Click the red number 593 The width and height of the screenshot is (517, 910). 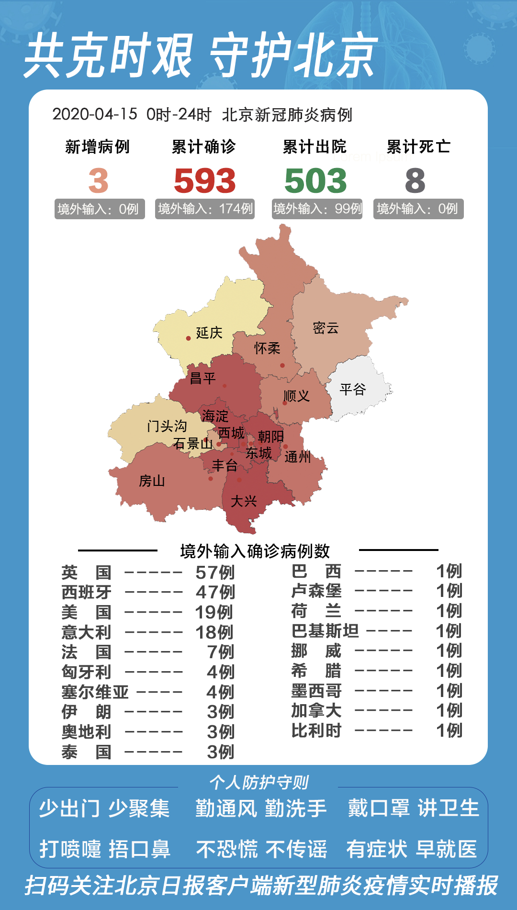tap(205, 180)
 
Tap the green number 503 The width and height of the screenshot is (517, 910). tap(315, 180)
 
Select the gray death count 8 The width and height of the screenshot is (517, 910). tap(415, 180)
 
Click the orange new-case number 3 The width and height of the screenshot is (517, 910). tap(98, 180)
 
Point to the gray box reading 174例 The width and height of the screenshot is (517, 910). tap(205, 209)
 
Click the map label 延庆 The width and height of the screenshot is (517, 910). tap(209, 333)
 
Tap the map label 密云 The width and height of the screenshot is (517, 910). tap(326, 328)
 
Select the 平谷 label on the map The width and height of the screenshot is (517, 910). tap(353, 389)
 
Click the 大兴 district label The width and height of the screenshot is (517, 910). tap(244, 501)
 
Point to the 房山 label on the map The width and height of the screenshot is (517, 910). tap(152, 481)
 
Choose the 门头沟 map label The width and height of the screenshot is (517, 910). tap(167, 426)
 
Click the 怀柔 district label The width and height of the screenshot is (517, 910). tap(267, 348)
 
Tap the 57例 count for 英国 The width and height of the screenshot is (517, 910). tap(215, 572)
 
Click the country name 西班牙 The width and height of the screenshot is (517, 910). tap(86, 592)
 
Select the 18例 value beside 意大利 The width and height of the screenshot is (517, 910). tap(214, 632)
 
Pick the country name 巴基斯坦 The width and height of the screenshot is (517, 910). tap(325, 630)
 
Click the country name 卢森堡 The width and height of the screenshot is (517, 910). tap(316, 591)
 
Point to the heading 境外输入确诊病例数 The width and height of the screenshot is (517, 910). tap(255, 551)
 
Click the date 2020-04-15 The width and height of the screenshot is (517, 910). tap(95, 114)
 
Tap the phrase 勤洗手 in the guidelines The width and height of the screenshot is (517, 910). tap(296, 809)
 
